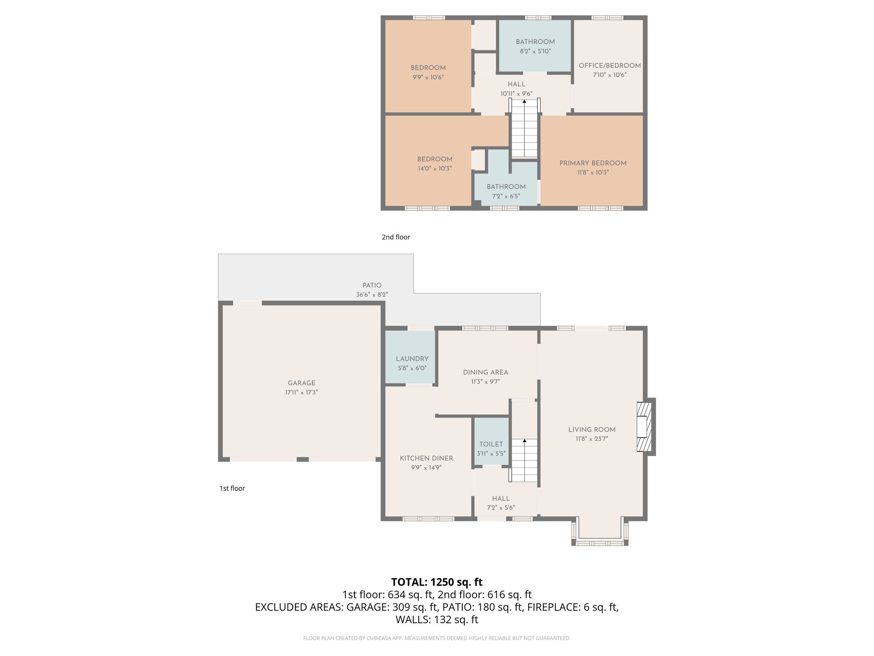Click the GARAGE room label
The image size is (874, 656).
(x=302, y=383)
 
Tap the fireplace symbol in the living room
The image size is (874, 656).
(x=644, y=427)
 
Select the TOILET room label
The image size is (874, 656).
(x=491, y=444)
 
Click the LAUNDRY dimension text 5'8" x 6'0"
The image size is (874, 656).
(x=412, y=368)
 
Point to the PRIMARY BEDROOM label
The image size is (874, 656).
(x=593, y=163)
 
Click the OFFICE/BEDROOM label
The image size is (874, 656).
(x=610, y=66)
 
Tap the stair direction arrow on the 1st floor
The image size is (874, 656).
(x=524, y=441)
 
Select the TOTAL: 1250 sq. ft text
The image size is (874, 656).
(x=437, y=582)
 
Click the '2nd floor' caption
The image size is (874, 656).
(x=396, y=237)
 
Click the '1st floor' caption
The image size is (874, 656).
(x=232, y=488)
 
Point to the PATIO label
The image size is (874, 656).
(x=372, y=285)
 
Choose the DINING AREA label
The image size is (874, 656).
(x=486, y=373)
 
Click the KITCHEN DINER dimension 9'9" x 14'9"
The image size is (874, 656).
(x=426, y=468)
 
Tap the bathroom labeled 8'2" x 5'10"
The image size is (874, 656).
(x=535, y=46)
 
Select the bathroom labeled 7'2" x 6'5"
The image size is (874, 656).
(x=506, y=191)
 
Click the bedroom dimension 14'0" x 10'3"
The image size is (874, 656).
(x=434, y=168)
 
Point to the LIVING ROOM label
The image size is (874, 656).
(x=592, y=430)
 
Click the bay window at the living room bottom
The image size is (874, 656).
(x=600, y=543)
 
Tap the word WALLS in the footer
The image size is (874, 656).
(x=413, y=620)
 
